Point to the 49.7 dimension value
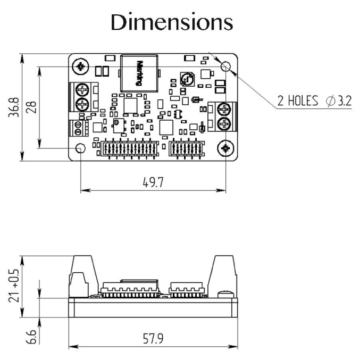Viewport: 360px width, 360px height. pos(153,182)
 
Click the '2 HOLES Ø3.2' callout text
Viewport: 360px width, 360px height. pos(314,100)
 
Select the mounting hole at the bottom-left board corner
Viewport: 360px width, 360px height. pos(80,148)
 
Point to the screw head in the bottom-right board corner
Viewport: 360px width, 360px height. pos(225,148)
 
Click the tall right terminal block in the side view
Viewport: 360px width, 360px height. pos(223,274)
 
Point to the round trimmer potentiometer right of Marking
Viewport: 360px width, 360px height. pos(185,80)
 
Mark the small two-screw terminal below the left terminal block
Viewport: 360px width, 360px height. pos(78,128)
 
